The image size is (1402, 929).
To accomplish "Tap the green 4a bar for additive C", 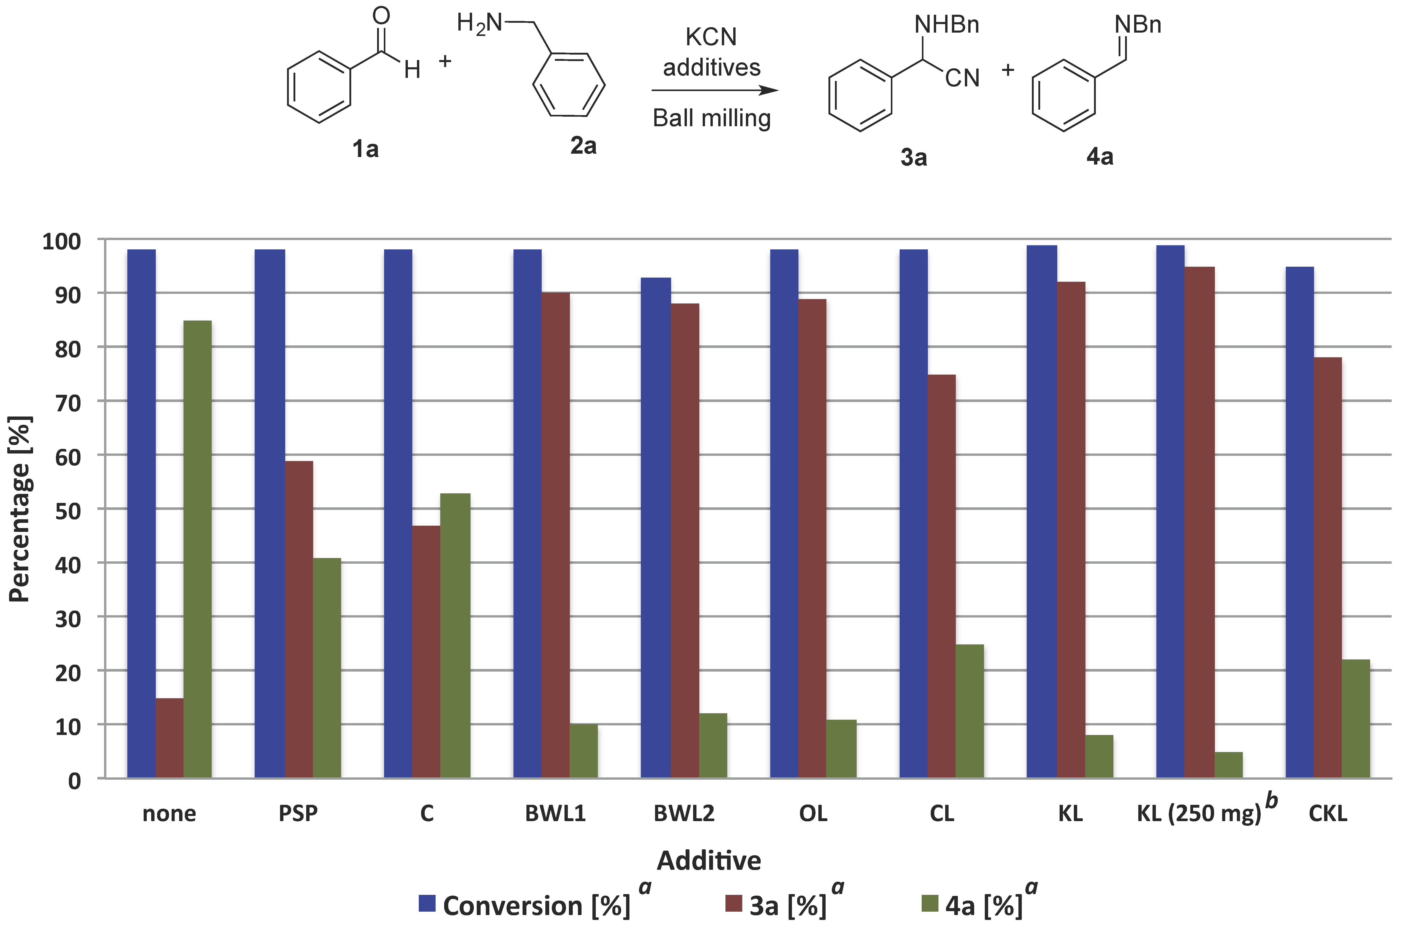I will coord(455,635).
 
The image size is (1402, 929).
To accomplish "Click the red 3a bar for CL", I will coord(942,576).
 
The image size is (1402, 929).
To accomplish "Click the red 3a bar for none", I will coord(170,738).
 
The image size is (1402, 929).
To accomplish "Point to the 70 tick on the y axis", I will coord(68,402).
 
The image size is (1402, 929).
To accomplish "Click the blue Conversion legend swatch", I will coord(427,904).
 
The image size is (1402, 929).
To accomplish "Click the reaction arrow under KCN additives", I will coord(714,91).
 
